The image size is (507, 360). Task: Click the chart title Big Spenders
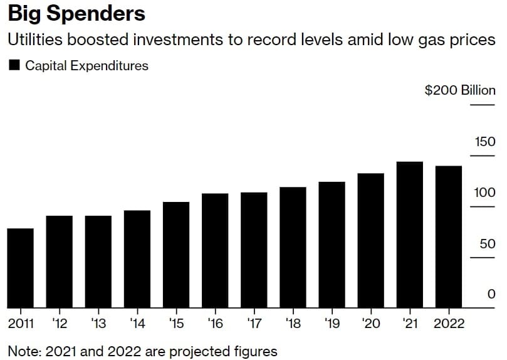pos(76,14)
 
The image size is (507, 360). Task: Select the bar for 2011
pos(21,268)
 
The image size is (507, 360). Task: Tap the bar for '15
pos(176,255)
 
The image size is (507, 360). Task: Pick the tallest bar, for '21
pos(409,235)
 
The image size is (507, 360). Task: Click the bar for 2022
pos(449,237)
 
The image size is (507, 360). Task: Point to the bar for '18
pos(293,248)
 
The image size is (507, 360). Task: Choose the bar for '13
pos(98,262)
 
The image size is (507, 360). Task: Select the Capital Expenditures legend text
pos(86,65)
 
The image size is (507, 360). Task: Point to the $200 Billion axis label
pos(460,90)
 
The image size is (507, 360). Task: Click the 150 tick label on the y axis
pos(484,142)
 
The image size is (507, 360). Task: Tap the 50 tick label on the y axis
pos(488,244)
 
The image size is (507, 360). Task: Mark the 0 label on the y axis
pos(491,295)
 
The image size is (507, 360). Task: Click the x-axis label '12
pos(60,324)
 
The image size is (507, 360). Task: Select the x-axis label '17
pos(254,324)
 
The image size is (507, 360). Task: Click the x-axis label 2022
pos(449,324)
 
